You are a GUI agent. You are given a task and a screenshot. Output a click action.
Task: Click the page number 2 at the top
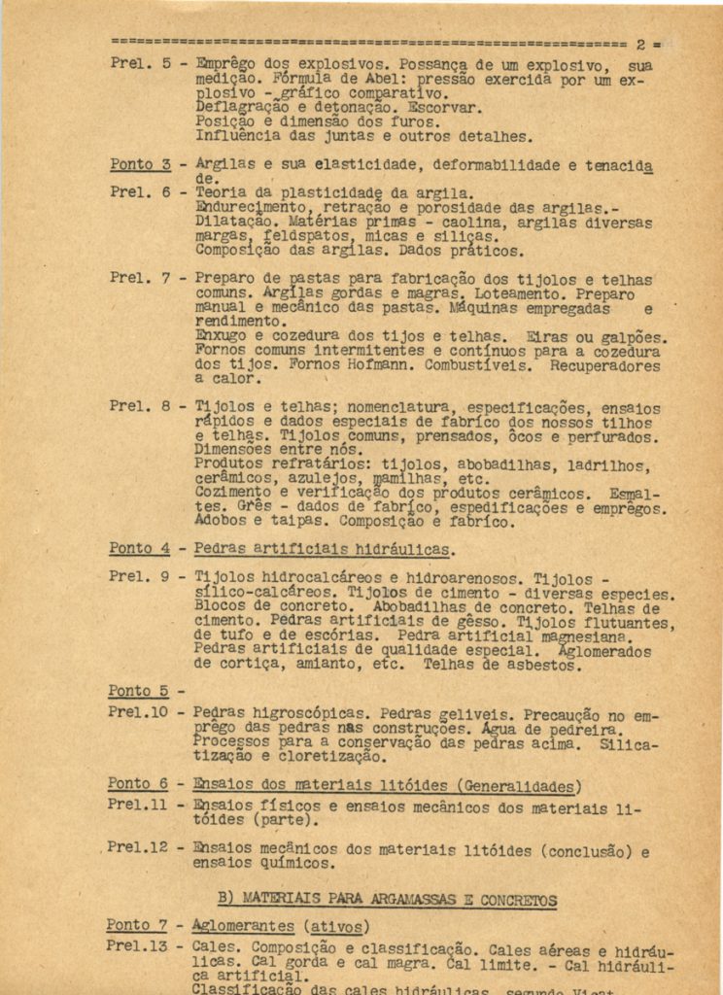(641, 44)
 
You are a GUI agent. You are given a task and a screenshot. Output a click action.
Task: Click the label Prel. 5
(139, 63)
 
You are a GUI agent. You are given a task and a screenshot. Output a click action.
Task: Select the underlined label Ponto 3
(140, 164)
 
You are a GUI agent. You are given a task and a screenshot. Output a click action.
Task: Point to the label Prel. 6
(139, 192)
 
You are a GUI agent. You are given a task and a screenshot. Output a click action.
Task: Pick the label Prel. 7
(139, 278)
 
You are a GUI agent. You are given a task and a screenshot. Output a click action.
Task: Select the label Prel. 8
(139, 405)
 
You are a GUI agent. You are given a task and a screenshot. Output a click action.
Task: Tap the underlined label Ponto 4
(140, 548)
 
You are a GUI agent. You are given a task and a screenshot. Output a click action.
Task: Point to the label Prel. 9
(139, 575)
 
